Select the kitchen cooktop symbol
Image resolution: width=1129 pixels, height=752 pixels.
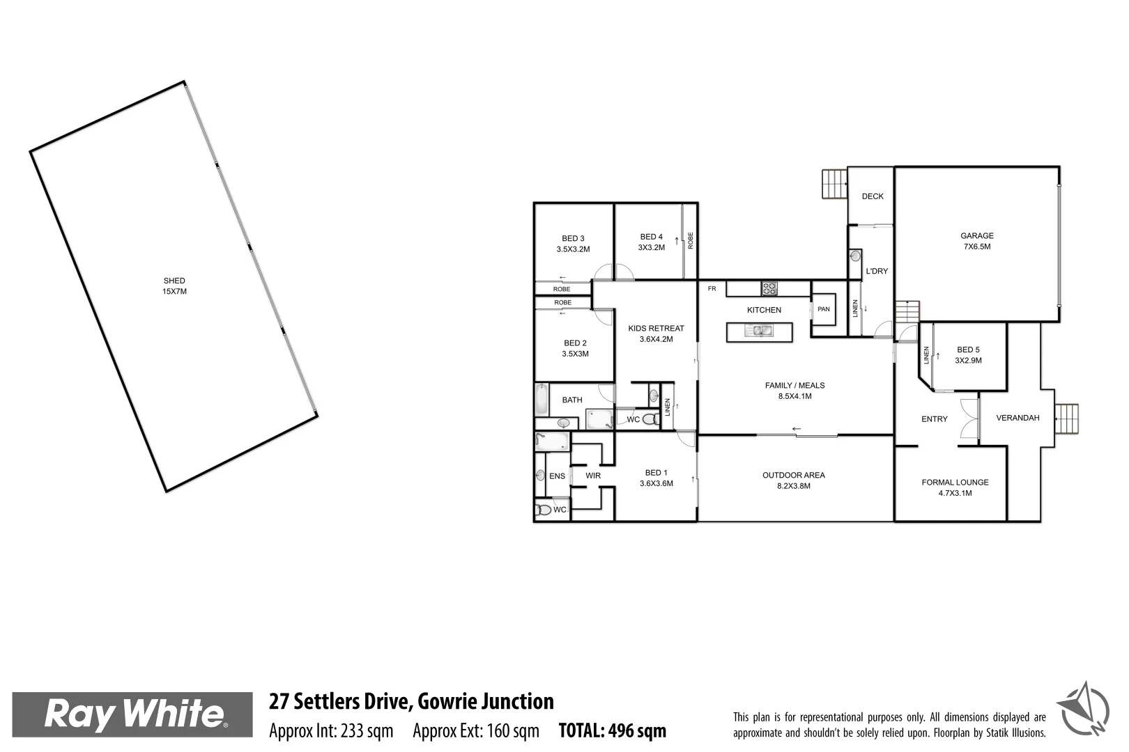tap(769, 287)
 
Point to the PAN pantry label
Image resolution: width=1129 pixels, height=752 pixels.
tap(824, 309)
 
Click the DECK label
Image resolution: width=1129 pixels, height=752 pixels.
tap(873, 196)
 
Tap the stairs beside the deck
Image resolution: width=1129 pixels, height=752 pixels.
tap(834, 184)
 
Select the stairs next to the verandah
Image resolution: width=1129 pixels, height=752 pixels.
tap(1067, 418)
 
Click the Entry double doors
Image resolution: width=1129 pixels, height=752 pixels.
tap(969, 418)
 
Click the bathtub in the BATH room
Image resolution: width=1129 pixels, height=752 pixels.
tap(542, 400)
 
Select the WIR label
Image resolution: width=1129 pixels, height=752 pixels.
tap(593, 476)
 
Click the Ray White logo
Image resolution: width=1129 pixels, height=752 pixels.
tap(132, 714)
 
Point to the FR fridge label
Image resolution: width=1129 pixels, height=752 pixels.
tap(712, 288)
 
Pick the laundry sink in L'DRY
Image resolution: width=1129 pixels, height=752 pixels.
tap(855, 256)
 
